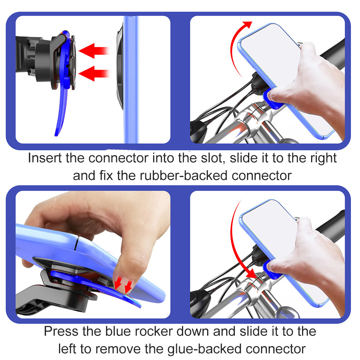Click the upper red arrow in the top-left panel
(x=93, y=51)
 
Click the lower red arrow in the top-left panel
(x=93, y=73)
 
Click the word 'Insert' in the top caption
(x=45, y=158)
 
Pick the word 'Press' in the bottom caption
(x=61, y=331)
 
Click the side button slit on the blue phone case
(x=77, y=243)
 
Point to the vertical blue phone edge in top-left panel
(x=131, y=79)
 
